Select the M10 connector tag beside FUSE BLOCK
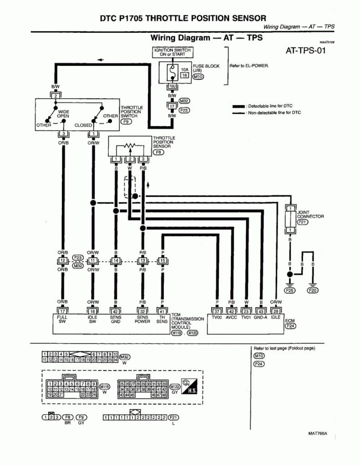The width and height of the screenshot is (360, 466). (198, 76)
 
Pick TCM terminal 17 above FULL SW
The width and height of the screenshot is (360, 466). (62, 311)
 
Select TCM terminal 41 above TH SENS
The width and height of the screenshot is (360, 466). (162, 311)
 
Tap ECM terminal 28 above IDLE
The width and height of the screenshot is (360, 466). (276, 311)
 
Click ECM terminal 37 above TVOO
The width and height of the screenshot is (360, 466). (217, 311)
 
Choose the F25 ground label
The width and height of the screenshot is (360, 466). (289, 290)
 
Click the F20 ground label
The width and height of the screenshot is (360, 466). (313, 290)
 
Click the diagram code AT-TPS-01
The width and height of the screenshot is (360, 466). (305, 50)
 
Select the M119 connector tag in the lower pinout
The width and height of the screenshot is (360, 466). (105, 387)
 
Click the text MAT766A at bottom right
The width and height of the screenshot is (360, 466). (318, 433)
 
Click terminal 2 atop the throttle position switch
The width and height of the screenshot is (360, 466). (55, 96)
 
